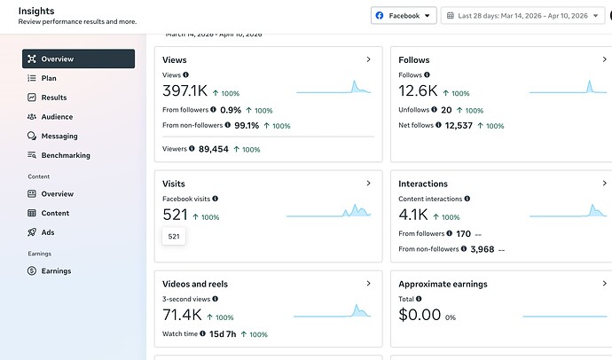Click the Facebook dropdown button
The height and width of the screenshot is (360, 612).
coord(404,16)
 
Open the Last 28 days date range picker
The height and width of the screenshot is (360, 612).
coord(522,16)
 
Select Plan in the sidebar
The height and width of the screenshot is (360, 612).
coord(49,78)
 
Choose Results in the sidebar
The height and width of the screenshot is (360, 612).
coord(53,98)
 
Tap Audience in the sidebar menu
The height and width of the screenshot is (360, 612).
coord(57,117)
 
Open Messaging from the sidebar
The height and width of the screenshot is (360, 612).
coord(59,137)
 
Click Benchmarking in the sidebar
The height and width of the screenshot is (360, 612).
coord(65,155)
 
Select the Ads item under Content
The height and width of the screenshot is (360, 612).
coord(48,232)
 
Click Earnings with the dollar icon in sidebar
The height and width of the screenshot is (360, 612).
coord(56,271)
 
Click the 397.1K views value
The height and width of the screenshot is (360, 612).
coord(184,91)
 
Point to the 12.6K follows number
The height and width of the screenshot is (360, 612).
coord(419,91)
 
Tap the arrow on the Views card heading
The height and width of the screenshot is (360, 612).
coord(368,59)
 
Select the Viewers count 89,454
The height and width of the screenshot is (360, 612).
coord(214,150)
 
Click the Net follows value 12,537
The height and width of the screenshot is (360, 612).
coord(459,126)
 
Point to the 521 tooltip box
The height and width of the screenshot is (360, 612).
coord(174,237)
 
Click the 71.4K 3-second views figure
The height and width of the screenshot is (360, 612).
coord(182,316)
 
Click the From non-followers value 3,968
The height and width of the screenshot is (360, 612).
coord(482,250)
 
